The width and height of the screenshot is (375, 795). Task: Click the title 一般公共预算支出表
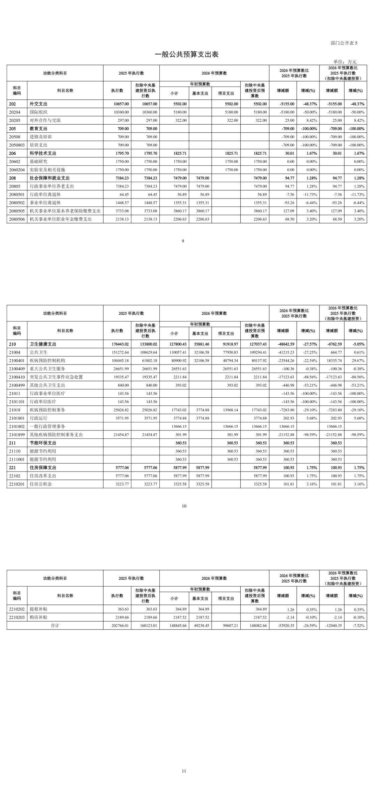(x=186, y=54)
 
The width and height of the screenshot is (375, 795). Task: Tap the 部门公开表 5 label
(x=344, y=43)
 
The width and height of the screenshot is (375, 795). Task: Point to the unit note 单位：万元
(x=345, y=62)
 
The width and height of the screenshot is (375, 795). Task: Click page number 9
(x=183, y=241)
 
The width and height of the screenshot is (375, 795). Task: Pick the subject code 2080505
(x=17, y=211)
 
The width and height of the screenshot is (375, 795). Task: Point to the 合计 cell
(x=55, y=626)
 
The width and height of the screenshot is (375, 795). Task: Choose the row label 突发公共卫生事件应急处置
(x=56, y=377)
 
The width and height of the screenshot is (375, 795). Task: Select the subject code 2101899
(x=17, y=435)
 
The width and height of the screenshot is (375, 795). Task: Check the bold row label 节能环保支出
(x=43, y=443)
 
